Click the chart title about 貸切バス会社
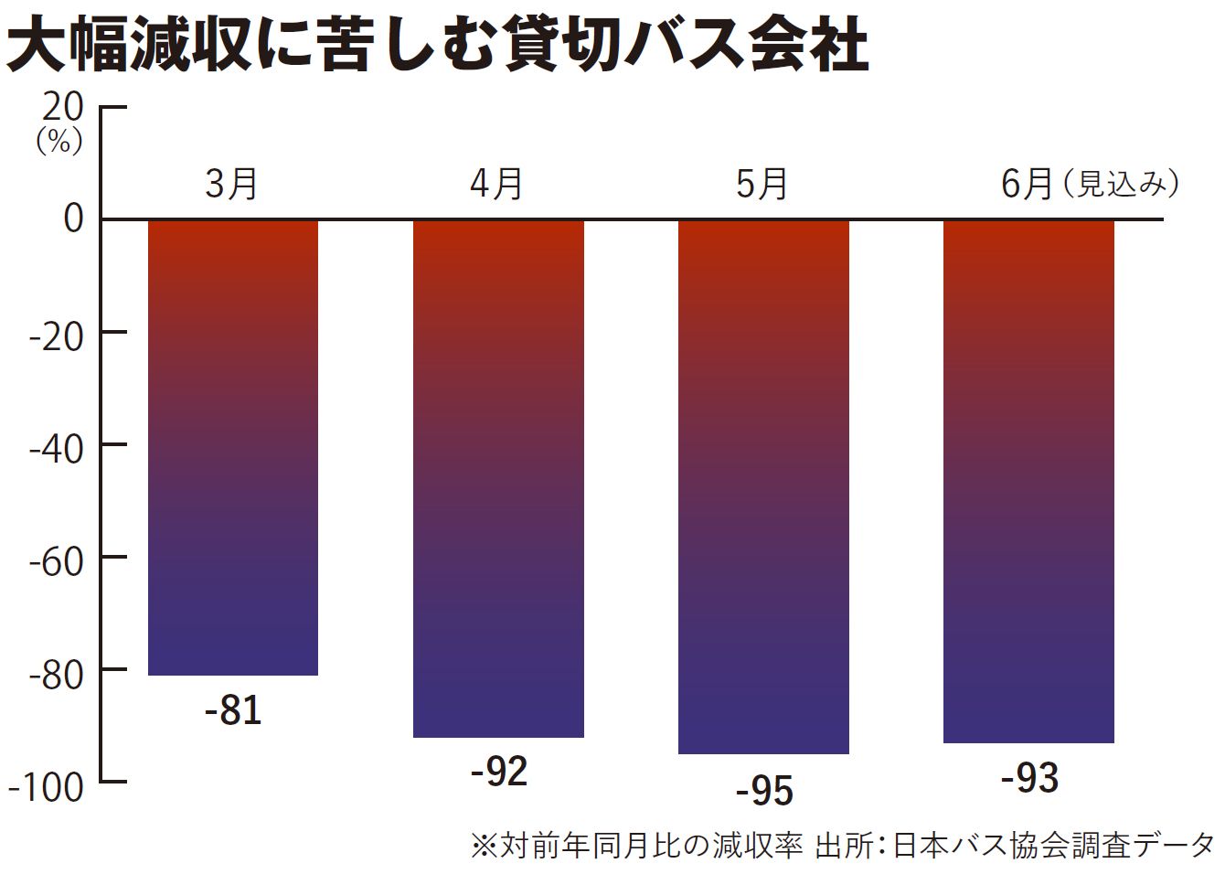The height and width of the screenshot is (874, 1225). [x=437, y=45]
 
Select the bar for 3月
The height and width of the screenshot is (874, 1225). [x=233, y=448]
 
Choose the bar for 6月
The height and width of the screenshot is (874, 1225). [x=1028, y=481]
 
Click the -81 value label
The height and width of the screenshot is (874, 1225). [x=233, y=710]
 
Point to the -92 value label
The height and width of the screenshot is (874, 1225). [x=499, y=773]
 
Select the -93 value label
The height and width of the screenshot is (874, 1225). [x=1029, y=779]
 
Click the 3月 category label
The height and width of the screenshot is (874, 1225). [x=231, y=184]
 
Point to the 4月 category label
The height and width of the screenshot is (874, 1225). [x=496, y=184]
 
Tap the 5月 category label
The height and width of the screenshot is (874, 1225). [x=762, y=184]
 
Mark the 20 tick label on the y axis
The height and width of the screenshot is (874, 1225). [x=63, y=107]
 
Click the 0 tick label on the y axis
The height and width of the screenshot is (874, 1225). [x=73, y=219]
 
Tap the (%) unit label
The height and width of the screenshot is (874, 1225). [x=59, y=142]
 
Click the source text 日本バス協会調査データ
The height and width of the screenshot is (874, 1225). [x=1052, y=845]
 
